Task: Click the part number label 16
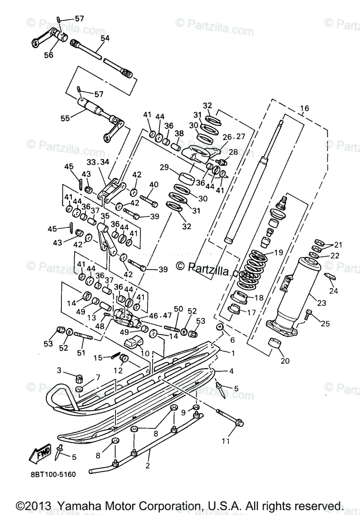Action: pyautogui.click(x=304, y=108)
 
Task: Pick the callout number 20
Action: pyautogui.click(x=285, y=360)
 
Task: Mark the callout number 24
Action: pyautogui.click(x=333, y=291)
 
